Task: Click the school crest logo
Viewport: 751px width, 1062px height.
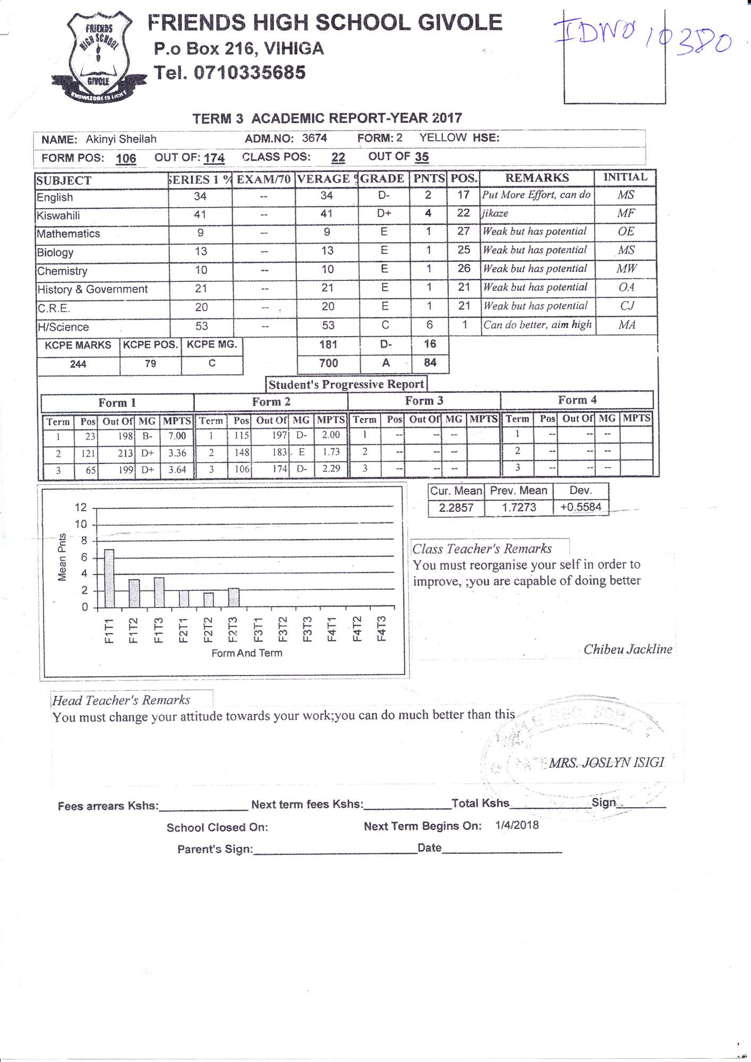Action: (99, 57)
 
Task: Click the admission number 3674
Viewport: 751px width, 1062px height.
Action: (314, 138)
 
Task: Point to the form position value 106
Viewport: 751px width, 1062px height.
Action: (126, 158)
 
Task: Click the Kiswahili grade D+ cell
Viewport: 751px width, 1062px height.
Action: (384, 213)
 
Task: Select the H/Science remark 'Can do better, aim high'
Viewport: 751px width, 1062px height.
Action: (536, 324)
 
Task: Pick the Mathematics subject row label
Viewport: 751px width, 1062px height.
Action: (69, 234)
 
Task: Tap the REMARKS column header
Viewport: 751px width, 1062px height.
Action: (536, 178)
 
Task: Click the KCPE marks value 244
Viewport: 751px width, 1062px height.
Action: (78, 364)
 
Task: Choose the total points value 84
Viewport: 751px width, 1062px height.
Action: (430, 363)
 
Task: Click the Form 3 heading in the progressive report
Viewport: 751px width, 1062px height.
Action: (424, 401)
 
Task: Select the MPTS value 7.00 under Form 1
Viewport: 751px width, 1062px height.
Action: (177, 436)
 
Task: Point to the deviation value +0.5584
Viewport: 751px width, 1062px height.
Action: (581, 507)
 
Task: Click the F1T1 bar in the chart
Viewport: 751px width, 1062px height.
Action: (109, 578)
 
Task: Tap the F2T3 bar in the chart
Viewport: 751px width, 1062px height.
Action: (234, 597)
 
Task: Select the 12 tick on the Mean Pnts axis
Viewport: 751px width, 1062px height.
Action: (81, 507)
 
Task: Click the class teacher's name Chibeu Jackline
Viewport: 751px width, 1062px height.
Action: (627, 649)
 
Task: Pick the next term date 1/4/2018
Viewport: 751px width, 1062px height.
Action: (517, 825)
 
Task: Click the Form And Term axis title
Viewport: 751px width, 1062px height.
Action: (246, 653)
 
